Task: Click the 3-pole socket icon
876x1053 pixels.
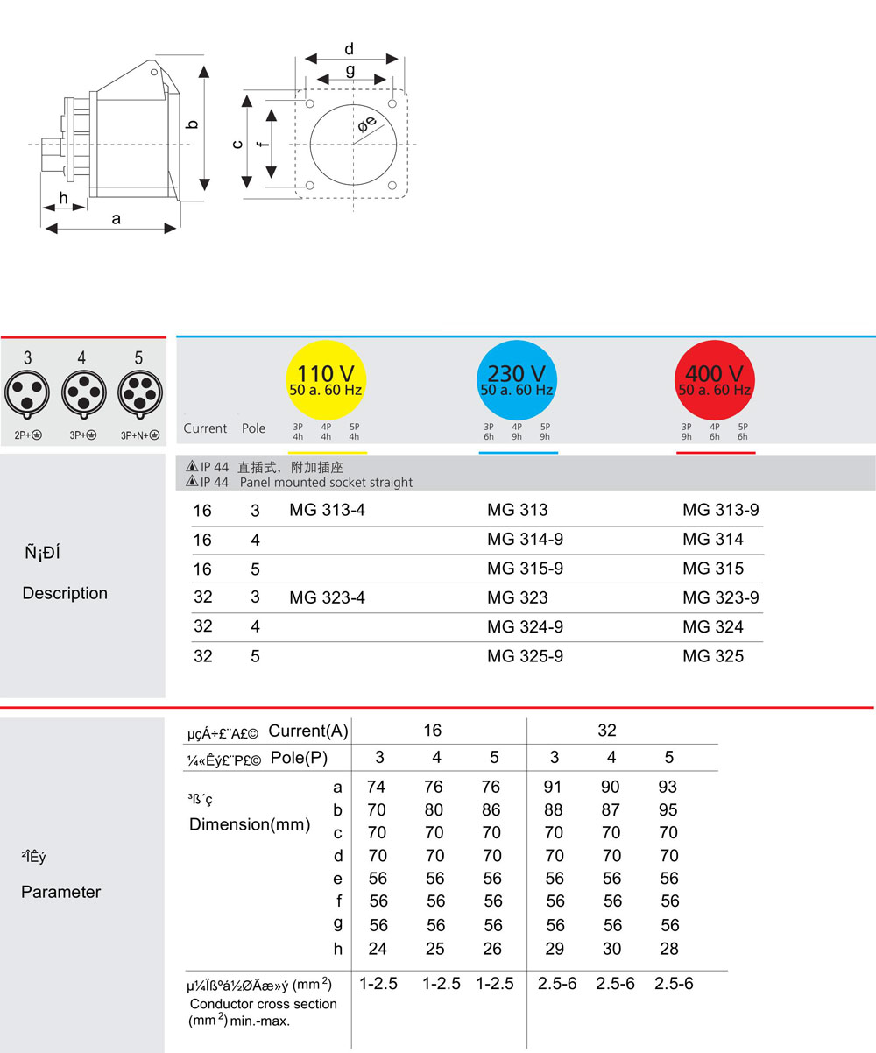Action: click(x=27, y=392)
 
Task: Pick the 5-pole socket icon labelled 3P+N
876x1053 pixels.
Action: click(x=138, y=392)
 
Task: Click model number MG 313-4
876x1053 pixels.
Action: click(x=327, y=510)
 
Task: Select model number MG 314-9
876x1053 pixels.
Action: click(x=525, y=539)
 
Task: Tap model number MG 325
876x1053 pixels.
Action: click(x=713, y=655)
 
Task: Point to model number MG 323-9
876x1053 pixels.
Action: click(x=721, y=597)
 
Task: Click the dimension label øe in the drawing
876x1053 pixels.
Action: click(x=367, y=125)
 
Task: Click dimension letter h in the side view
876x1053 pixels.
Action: click(x=63, y=198)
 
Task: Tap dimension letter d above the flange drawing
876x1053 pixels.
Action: click(x=349, y=49)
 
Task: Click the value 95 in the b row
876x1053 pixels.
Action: click(x=668, y=809)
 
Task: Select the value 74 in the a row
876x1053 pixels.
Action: click(x=377, y=787)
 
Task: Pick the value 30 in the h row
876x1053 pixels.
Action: click(x=611, y=948)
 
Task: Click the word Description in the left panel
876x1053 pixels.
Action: click(x=65, y=593)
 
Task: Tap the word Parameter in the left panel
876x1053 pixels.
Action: click(x=61, y=892)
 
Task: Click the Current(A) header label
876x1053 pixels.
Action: click(x=308, y=731)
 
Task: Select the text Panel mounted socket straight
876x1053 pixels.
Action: click(x=326, y=482)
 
